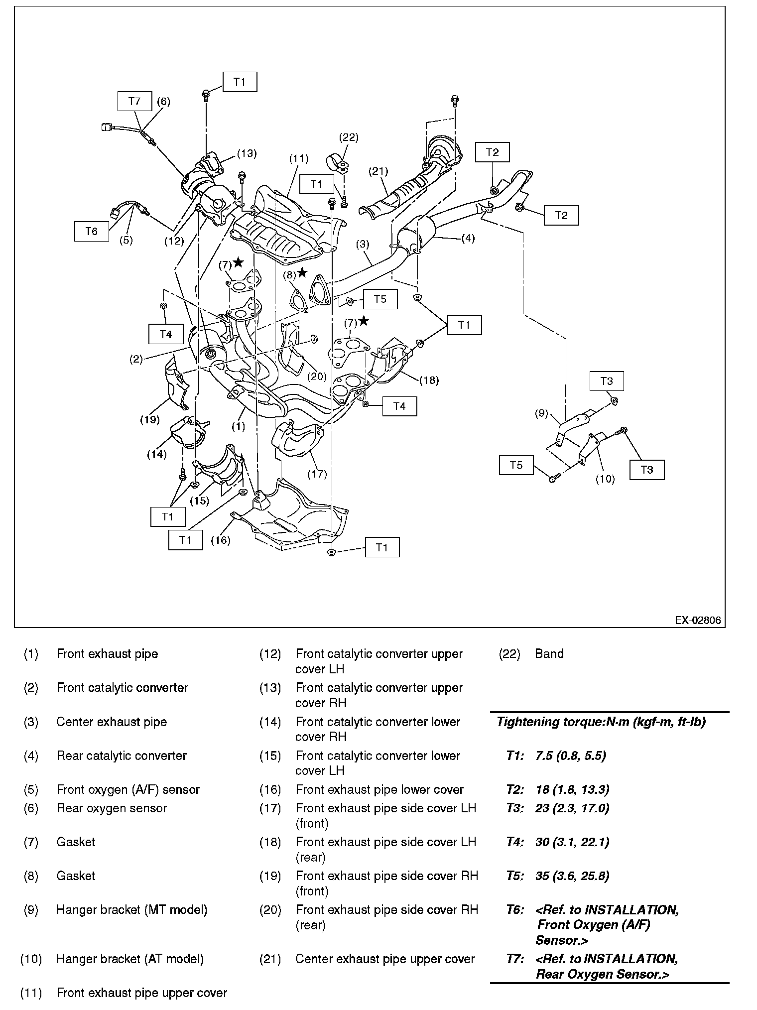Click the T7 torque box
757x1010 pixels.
(134, 102)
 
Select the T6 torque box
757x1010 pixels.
(92, 232)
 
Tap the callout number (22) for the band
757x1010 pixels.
(349, 137)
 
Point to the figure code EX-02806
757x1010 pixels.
(697, 621)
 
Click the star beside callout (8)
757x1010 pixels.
(302, 273)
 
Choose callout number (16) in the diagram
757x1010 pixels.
(220, 540)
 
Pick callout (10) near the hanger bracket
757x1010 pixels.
(605, 479)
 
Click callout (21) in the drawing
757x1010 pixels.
(378, 171)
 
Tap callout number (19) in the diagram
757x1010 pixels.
(149, 419)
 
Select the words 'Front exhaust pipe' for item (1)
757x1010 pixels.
(107, 654)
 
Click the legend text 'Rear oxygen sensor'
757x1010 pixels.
(112, 808)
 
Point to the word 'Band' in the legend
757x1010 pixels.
(549, 654)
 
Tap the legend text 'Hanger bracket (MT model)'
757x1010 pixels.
(131, 910)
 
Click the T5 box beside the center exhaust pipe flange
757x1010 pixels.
(380, 299)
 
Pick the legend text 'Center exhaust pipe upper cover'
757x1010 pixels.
(384, 959)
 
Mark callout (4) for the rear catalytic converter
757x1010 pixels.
(468, 238)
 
